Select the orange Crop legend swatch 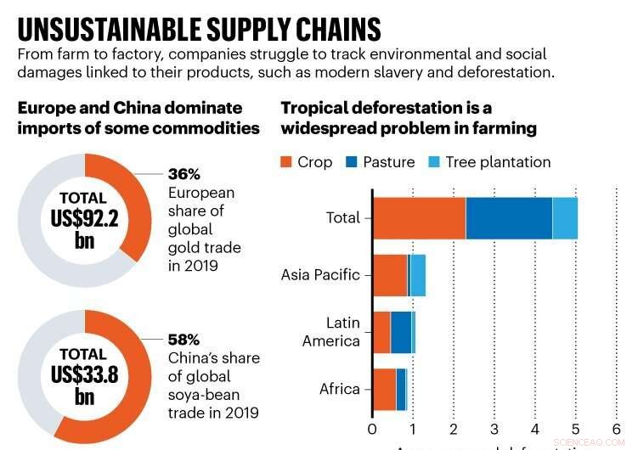pos(287,162)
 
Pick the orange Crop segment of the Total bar pos(419,217)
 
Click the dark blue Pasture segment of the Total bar pos(508,217)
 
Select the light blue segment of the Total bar pos(565,217)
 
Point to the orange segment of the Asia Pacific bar pos(390,275)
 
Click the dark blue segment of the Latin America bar pos(400,332)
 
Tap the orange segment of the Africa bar pos(384,389)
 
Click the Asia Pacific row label pos(320,275)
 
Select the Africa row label pos(340,389)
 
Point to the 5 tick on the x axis pos(576,427)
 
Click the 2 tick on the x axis pos(454,427)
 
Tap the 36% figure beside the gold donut pos(183,174)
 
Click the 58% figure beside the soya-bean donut pos(183,339)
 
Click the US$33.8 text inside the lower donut pos(83,374)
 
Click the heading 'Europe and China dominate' pos(130,108)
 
